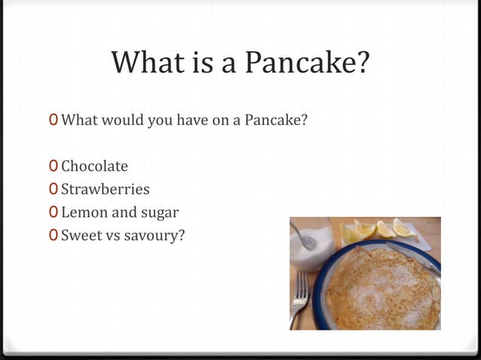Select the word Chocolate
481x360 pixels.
[x=94, y=166]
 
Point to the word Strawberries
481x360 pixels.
[x=105, y=189]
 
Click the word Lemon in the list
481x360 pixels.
[x=84, y=212]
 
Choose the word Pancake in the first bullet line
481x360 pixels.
[x=279, y=120]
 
